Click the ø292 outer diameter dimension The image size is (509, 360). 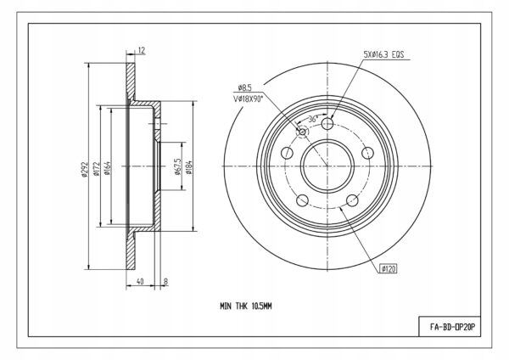point(85,170)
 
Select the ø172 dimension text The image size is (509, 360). point(96,169)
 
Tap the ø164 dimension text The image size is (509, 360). point(108,168)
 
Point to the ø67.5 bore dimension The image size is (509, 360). point(177,166)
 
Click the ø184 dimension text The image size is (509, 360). point(189,167)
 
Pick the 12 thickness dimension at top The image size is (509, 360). point(142,50)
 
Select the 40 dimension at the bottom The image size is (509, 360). point(140,281)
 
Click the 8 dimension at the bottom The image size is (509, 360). point(166,281)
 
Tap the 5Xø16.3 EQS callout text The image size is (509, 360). point(383,54)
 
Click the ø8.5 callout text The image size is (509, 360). point(245,87)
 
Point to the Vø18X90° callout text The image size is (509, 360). point(248,99)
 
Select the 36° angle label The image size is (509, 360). point(312,119)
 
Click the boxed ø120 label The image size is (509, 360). point(389,268)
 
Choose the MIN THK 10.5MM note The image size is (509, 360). point(246,306)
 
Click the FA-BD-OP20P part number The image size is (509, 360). point(452,327)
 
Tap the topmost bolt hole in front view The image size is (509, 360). point(327,123)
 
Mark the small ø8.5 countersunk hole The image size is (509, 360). point(303,132)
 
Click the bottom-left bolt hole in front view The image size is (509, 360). point(303,200)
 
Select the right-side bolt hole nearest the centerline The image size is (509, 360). point(368,153)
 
